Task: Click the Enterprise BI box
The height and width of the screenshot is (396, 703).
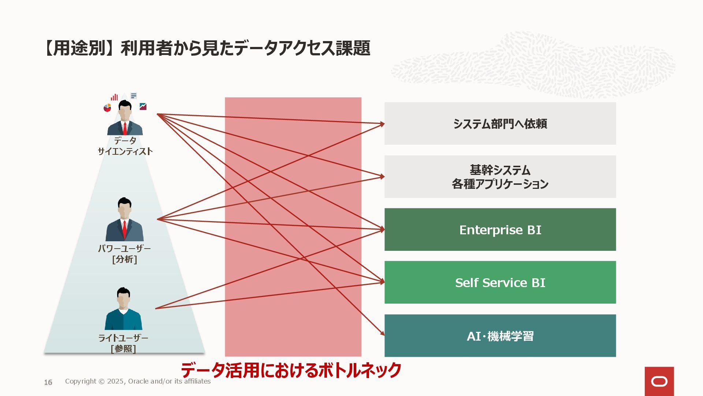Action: pyautogui.click(x=500, y=230)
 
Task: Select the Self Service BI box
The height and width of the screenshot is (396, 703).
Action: pyautogui.click(x=500, y=282)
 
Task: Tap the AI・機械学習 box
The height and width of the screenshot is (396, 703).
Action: pyautogui.click(x=500, y=335)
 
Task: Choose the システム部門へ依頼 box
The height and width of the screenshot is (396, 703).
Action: pyautogui.click(x=500, y=124)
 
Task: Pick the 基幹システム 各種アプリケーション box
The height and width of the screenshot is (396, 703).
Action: pyautogui.click(x=500, y=177)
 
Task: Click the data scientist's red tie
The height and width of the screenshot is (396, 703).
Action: pyautogui.click(x=125, y=129)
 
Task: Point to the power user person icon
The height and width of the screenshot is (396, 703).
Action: pyautogui.click(x=124, y=220)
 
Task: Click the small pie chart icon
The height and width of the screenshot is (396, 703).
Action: pyautogui.click(x=107, y=108)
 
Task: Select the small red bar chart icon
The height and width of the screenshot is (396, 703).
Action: pyautogui.click(x=115, y=97)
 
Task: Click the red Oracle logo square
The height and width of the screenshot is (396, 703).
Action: pyautogui.click(x=659, y=381)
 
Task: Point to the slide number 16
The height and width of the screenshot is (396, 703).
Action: pyautogui.click(x=48, y=382)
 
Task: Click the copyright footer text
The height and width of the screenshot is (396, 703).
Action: pyautogui.click(x=138, y=381)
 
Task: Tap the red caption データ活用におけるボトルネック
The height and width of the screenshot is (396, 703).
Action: pyautogui.click(x=291, y=370)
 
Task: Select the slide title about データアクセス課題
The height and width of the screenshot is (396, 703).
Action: pyautogui.click(x=207, y=48)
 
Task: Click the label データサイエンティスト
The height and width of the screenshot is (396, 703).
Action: pyautogui.click(x=125, y=146)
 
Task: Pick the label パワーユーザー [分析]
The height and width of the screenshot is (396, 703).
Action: pyautogui.click(x=124, y=254)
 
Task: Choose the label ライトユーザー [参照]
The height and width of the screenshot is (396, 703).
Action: pyautogui.click(x=123, y=343)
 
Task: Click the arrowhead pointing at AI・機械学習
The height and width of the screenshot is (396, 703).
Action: pyautogui.click(x=383, y=333)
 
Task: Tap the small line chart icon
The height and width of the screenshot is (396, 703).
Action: pyautogui.click(x=143, y=106)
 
